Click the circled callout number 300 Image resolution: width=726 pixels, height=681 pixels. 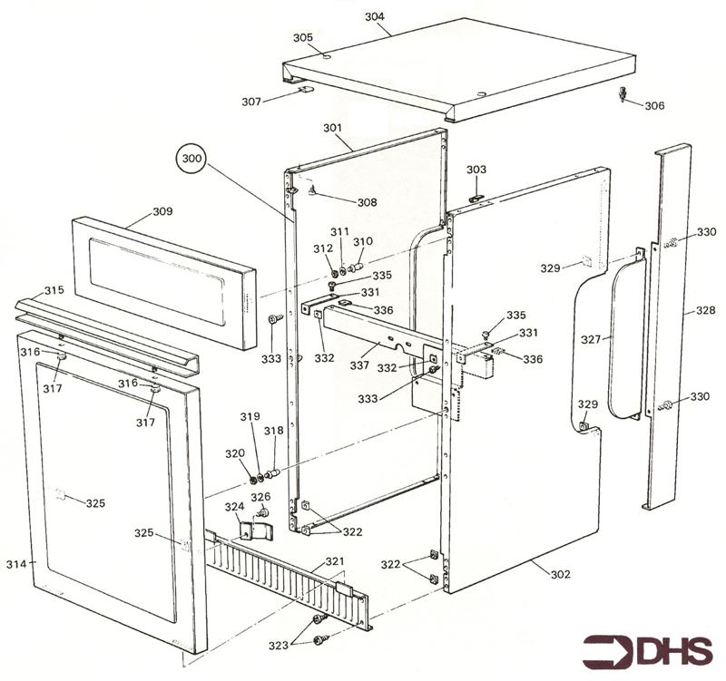pos(192,160)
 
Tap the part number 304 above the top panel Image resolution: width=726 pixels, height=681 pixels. pos(374,17)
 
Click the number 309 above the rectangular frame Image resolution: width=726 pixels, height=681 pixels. pos(162,211)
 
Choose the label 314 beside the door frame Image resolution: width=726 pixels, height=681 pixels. pos(16,564)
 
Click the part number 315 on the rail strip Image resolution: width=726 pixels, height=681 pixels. pos(54,290)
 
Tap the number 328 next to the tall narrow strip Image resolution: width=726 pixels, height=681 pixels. pos(705,310)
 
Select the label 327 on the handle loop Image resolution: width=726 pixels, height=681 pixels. pos(591,339)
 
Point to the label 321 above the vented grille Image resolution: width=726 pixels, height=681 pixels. pos(335,561)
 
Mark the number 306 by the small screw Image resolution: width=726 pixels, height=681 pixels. pos(654,106)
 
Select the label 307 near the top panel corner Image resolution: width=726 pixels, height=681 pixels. pos(251,101)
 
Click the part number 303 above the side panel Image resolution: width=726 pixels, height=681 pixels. pos(476,170)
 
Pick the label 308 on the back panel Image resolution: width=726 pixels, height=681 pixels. pos(366,202)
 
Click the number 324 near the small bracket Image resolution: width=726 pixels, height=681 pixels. pos(234,507)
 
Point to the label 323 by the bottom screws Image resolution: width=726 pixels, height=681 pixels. pos(279,645)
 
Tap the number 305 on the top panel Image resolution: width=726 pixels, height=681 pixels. pos(302,37)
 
